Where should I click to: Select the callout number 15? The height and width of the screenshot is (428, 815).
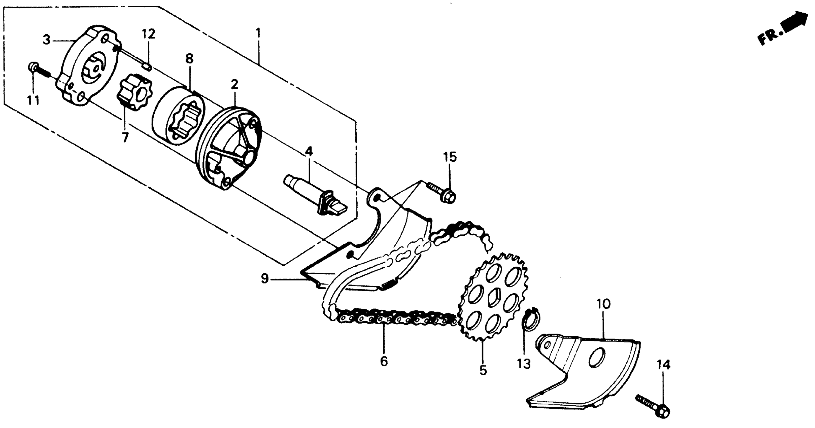(450, 157)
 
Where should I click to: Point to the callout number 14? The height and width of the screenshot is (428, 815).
(663, 365)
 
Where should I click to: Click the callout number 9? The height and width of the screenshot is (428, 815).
(264, 279)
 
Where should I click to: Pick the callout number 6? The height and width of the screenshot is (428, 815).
(384, 361)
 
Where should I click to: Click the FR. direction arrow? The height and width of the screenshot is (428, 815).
(794, 24)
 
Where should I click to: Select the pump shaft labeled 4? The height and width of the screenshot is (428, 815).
(313, 195)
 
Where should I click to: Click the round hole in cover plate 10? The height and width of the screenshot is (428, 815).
(597, 358)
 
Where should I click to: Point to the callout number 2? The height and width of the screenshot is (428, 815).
(234, 85)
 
